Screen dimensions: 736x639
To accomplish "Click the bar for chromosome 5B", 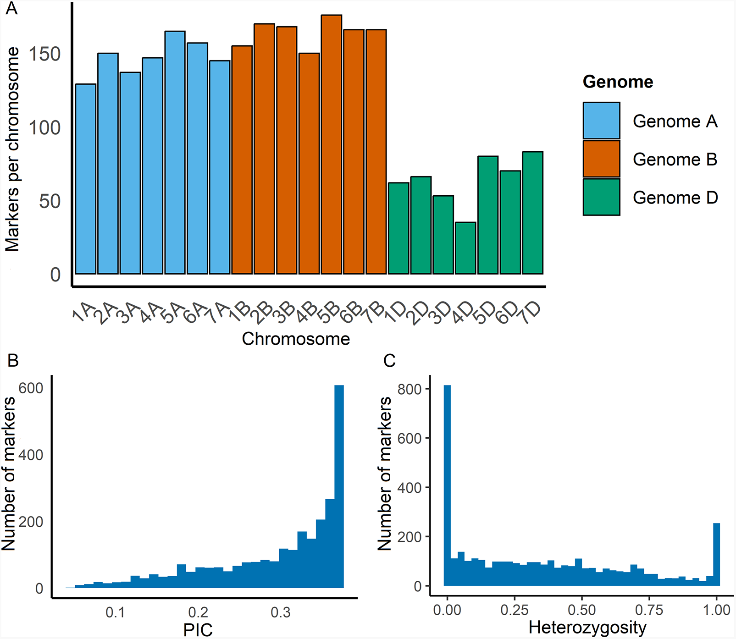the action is pos(331,144).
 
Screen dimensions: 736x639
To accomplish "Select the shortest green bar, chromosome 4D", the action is pos(465,248).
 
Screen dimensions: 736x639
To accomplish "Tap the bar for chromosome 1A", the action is pos(85,179).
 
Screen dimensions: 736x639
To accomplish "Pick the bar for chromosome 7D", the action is pos(532,213).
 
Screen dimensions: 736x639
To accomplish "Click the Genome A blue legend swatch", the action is pos(601,121).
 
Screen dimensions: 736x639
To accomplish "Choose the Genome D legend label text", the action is pos(675,198).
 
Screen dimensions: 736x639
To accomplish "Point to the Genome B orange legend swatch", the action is pos(601,159).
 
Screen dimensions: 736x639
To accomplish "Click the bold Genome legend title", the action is pos(618,82).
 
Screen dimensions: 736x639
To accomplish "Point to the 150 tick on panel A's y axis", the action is pos(44,54).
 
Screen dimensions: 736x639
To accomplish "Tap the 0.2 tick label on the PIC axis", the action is pos(198,612).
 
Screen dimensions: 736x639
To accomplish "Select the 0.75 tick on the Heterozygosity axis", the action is pos(649,610).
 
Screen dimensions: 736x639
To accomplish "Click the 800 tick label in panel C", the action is pos(410,389).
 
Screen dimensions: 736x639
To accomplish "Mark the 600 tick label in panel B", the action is pos(31,388).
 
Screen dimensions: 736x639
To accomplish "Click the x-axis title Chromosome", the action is pos(296,339).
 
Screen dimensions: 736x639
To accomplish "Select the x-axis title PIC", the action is pos(198,629).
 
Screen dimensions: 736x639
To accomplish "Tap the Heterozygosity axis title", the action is pos(587,627).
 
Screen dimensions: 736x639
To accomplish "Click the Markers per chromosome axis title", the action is pos(12,149).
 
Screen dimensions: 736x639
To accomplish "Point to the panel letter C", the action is pos(389,361).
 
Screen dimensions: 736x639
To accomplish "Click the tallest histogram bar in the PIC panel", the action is pos(339,486).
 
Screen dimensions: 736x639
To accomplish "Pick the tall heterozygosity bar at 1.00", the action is pos(716,554).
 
